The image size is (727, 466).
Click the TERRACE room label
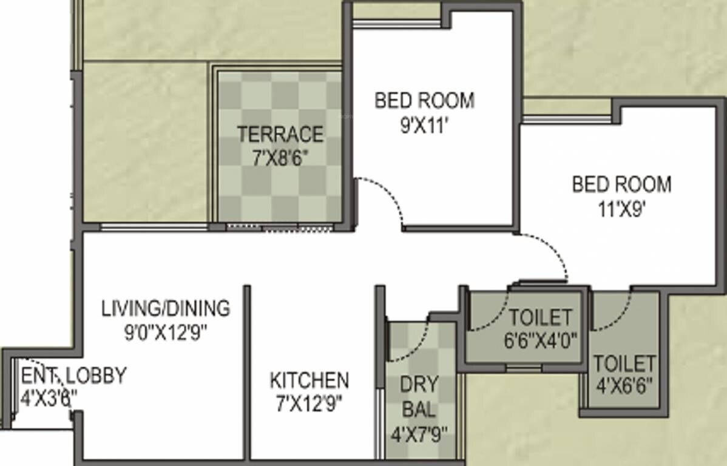(280, 133)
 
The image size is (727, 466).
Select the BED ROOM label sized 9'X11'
(424, 100)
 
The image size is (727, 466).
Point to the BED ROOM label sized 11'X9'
(621, 184)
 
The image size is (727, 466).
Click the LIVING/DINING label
(166, 308)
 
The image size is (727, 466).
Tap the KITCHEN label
(309, 381)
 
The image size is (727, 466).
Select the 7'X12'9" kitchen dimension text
(309, 404)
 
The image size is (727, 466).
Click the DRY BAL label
(418, 397)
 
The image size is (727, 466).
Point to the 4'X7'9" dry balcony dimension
(419, 433)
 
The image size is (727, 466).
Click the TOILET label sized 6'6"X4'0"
(539, 317)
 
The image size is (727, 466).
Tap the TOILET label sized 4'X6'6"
(624, 363)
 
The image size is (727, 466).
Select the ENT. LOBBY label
(73, 376)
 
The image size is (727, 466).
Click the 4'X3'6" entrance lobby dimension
(49, 399)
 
